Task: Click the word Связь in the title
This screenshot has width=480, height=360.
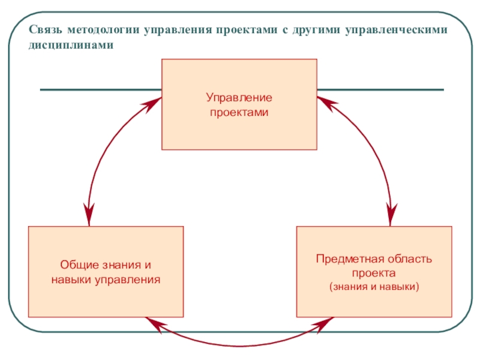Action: [45, 31]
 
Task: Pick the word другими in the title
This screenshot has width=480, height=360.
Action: [316, 31]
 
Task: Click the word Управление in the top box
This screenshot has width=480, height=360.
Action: [239, 97]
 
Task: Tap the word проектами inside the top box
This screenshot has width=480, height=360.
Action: [239, 112]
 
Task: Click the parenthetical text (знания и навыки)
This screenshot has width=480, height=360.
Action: [374, 287]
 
